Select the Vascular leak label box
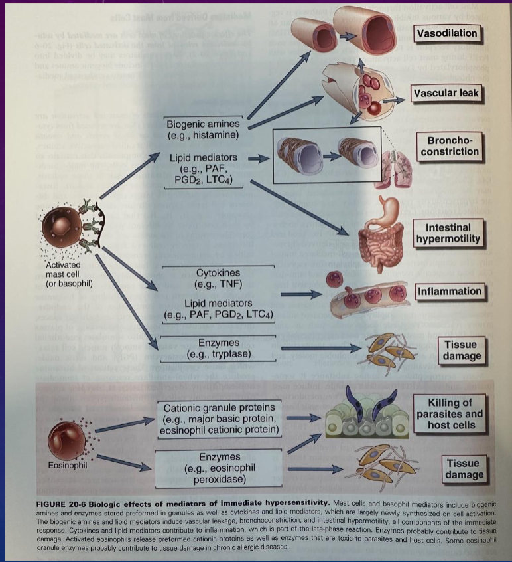coord(445,93)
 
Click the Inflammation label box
coord(449,291)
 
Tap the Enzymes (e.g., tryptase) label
coord(219,349)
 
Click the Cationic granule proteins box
coord(219,419)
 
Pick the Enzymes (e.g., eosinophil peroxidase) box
coord(219,468)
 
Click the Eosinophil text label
coord(68,465)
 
